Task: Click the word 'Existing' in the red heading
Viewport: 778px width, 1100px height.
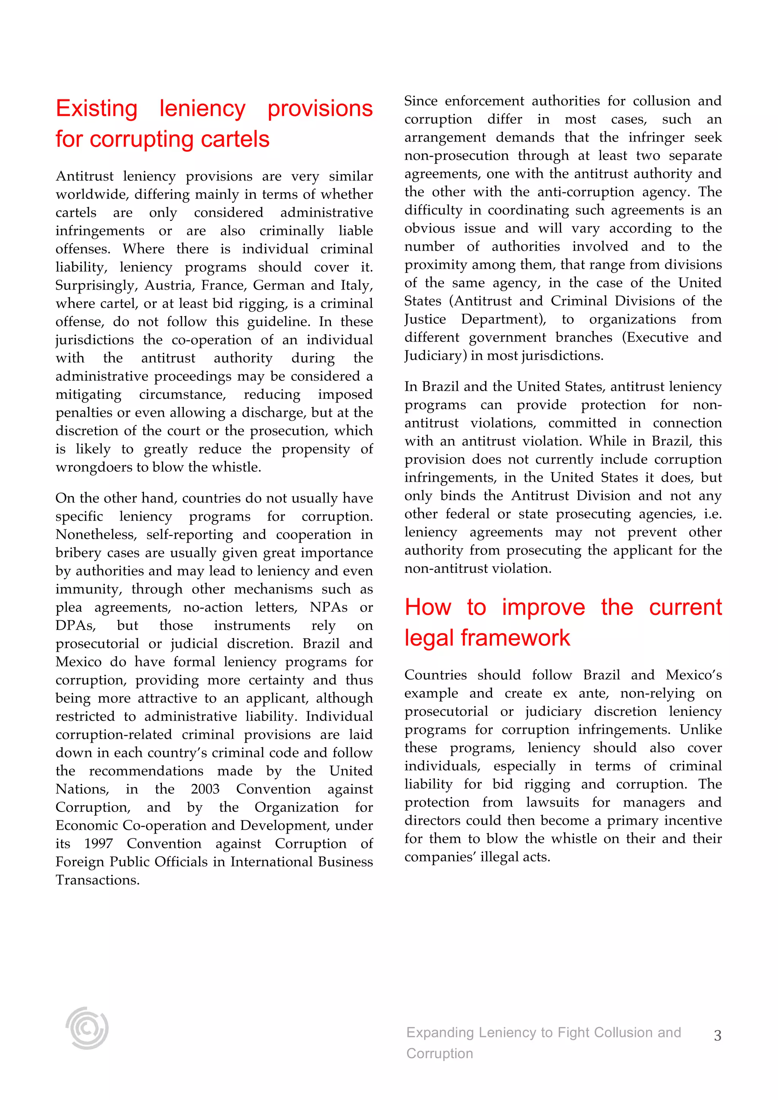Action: click(x=96, y=109)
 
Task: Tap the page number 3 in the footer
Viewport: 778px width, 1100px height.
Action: click(x=717, y=1035)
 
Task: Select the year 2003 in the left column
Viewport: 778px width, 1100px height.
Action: click(x=205, y=789)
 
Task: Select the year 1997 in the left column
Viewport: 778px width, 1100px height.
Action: click(x=99, y=844)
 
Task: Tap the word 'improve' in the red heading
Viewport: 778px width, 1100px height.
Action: click(x=543, y=607)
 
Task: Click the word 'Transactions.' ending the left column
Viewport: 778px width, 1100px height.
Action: click(x=97, y=880)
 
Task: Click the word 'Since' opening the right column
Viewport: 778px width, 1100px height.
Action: click(x=421, y=101)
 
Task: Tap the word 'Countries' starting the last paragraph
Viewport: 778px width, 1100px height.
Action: click(x=435, y=675)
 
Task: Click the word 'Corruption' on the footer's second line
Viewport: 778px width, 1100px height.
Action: click(x=439, y=1054)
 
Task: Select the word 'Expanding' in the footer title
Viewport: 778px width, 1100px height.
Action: click(x=440, y=1032)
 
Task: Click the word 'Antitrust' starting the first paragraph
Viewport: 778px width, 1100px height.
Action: click(x=84, y=176)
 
